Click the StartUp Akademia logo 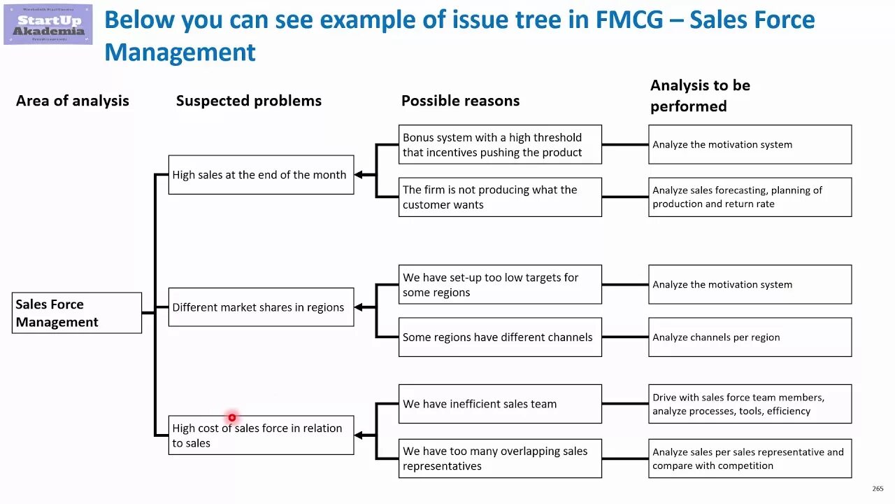coord(48,24)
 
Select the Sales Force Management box coord(77,313)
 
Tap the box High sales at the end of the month coord(261,175)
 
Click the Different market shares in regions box coord(261,307)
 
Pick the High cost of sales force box coord(261,435)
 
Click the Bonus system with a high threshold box coord(500,145)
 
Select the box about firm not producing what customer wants coord(500,197)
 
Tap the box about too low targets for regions coord(500,285)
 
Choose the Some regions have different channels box coord(500,337)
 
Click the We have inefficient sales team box coord(500,404)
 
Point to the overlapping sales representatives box coord(500,458)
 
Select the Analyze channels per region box coord(750,337)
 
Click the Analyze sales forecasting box coord(750,197)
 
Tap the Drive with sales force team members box coord(750,404)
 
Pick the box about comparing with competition coord(750,458)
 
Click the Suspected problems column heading coord(249,101)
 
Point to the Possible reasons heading coord(460,101)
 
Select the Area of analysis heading coord(73,101)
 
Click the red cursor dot coord(232,418)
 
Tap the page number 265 coord(878,489)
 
